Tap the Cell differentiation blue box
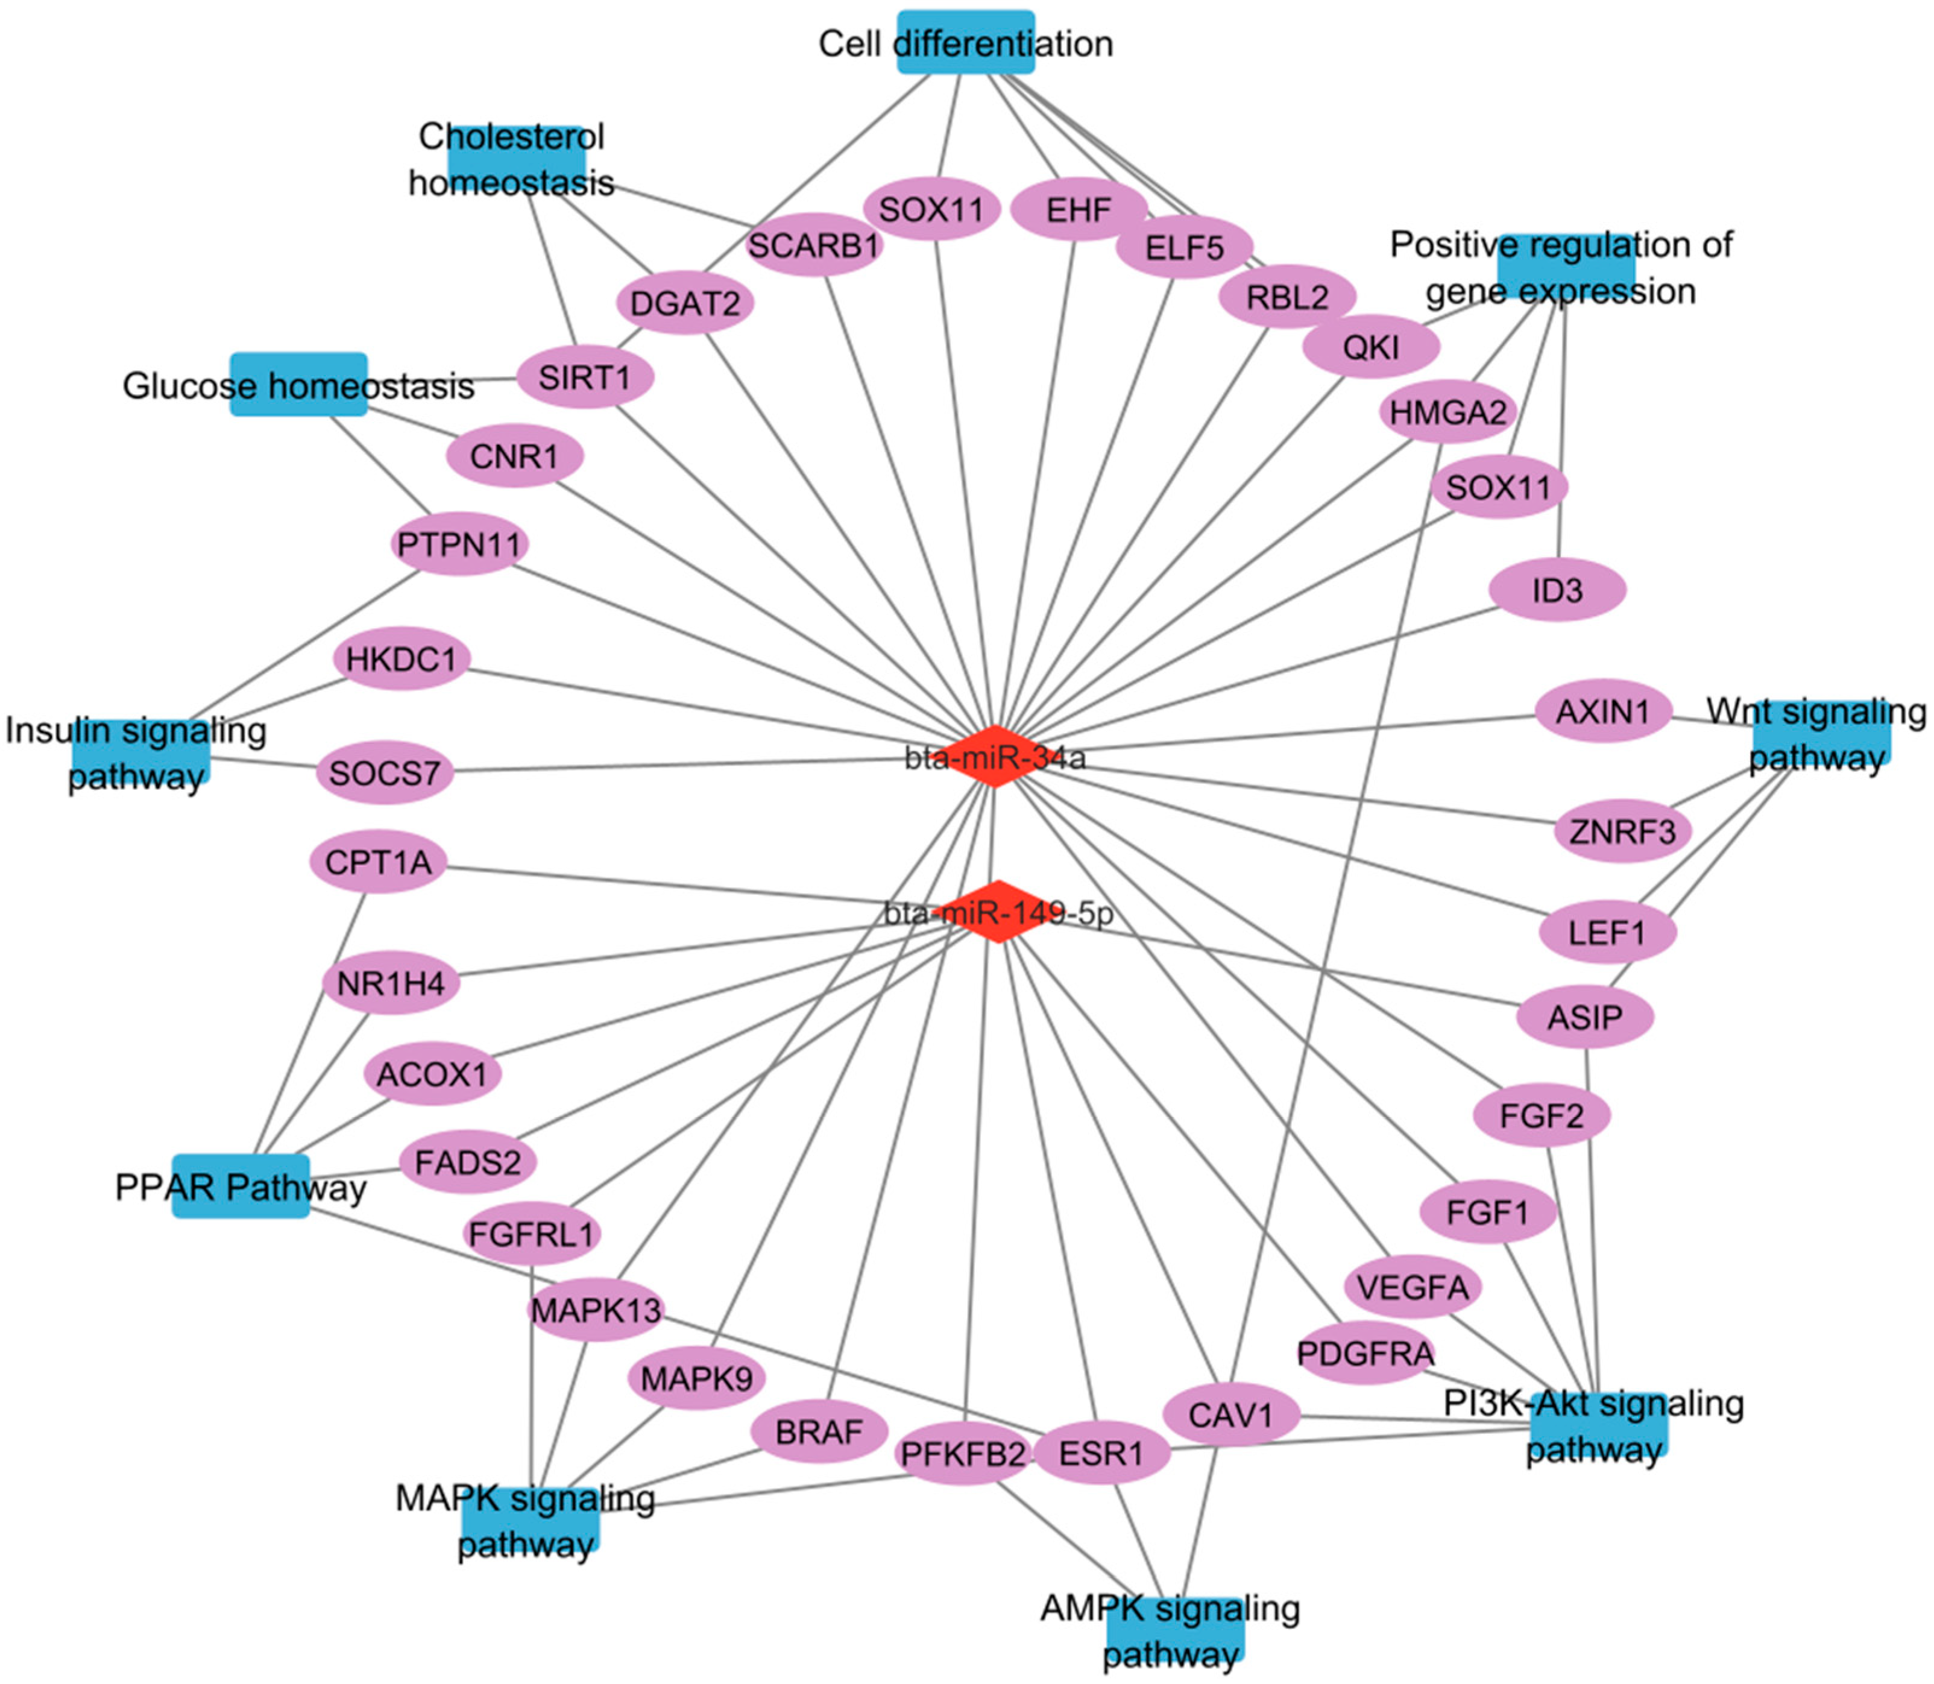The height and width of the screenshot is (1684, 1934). [965, 42]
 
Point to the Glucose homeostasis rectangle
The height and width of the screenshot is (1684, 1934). [299, 384]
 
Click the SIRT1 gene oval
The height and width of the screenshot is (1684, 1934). [585, 378]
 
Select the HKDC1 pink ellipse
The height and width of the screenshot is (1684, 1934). [402, 659]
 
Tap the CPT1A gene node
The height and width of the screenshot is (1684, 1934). [378, 862]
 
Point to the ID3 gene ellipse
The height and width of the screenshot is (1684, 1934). [1557, 590]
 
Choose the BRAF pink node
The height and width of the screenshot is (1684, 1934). [819, 1431]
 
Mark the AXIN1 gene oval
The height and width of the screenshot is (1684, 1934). [1603, 711]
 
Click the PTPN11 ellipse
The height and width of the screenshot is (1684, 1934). [459, 544]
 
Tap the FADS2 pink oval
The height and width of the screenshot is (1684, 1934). [467, 1162]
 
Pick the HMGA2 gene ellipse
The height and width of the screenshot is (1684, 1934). [1447, 412]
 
